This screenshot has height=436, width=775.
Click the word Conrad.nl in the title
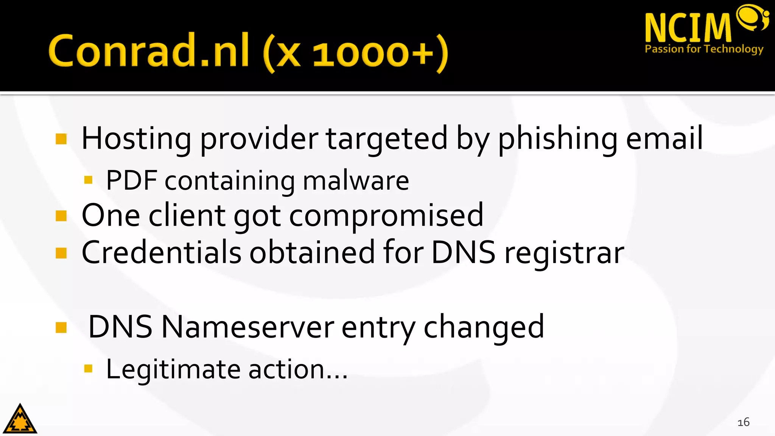148,51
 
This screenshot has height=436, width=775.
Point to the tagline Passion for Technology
704,49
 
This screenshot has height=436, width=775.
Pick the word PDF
131,181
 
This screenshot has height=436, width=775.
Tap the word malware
356,181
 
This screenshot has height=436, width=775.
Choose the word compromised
386,216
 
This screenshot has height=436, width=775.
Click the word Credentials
161,252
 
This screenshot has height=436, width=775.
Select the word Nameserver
248,327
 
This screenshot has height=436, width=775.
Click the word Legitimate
173,369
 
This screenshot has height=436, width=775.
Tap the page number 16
743,422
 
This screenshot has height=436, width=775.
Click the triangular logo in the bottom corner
20,419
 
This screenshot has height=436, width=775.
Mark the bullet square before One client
61,216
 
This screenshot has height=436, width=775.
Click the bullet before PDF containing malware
89,180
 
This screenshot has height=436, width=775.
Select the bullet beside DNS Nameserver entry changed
61,327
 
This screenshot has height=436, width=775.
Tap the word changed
484,327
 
